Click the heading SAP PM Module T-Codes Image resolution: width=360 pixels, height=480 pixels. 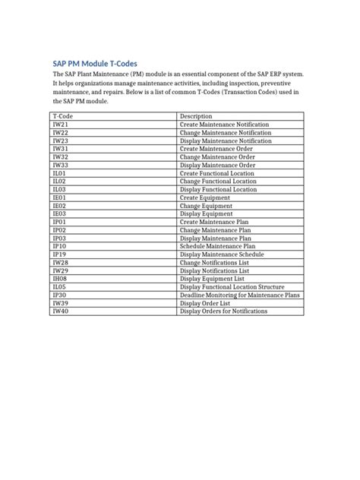tap(94, 63)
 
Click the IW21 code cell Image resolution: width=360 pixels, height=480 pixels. tap(60, 124)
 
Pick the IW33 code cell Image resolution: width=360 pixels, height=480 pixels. tap(60, 165)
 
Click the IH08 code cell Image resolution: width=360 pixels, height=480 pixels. tap(60, 279)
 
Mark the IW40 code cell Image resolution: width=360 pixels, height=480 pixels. tap(60, 311)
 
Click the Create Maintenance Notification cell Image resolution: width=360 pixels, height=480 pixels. tap(226, 124)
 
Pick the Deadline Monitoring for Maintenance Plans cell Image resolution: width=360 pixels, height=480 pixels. tap(239, 295)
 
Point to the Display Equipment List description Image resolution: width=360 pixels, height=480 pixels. tap(212, 279)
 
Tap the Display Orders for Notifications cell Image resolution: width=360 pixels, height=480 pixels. tap(223, 311)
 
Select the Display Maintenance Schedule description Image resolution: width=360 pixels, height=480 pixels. tap(222, 254)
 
